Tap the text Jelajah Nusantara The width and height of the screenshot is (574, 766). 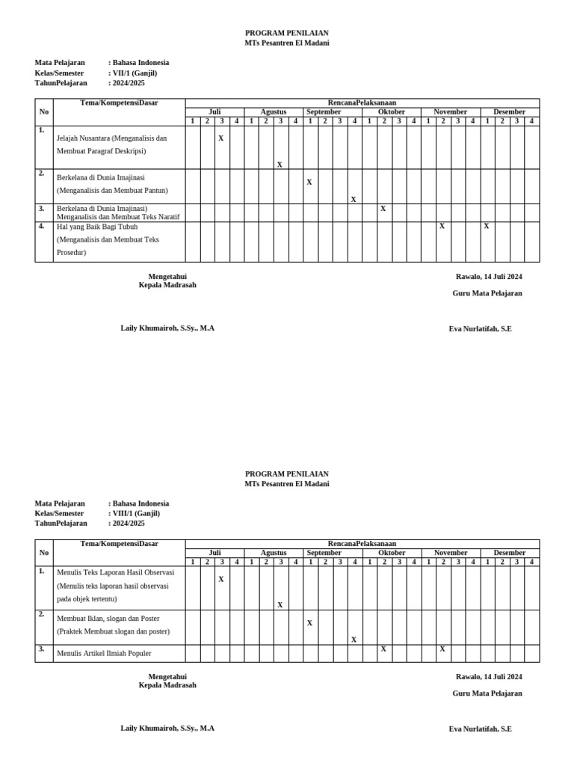pyautogui.click(x=83, y=138)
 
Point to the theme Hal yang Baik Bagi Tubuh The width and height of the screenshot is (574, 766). pyautogui.click(x=97, y=226)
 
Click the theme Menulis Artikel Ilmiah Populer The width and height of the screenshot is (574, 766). pyautogui.click(x=104, y=653)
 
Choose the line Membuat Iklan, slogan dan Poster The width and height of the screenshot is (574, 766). pyautogui.click(x=108, y=619)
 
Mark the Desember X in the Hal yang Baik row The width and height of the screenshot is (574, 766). pyautogui.click(x=487, y=226)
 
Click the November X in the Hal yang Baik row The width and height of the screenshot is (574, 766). pyautogui.click(x=442, y=226)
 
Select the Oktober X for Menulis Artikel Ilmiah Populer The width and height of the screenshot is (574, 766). pyautogui.click(x=383, y=649)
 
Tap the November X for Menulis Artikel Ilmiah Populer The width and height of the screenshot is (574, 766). pyautogui.click(x=442, y=649)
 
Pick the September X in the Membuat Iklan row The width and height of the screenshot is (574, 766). pyautogui.click(x=309, y=623)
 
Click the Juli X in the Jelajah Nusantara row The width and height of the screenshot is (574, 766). pyautogui.click(x=221, y=138)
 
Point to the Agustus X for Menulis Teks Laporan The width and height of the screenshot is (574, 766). pyautogui.click(x=280, y=605)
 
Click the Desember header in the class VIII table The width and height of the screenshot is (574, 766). pyautogui.click(x=509, y=553)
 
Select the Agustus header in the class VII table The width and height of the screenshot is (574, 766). pyautogui.click(x=273, y=112)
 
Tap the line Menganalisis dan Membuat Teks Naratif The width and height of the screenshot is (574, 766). pyautogui.click(x=118, y=217)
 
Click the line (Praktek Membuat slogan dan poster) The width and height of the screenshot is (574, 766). pyautogui.click(x=113, y=631)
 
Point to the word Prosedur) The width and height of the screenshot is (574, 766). pyautogui.click(x=72, y=253)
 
